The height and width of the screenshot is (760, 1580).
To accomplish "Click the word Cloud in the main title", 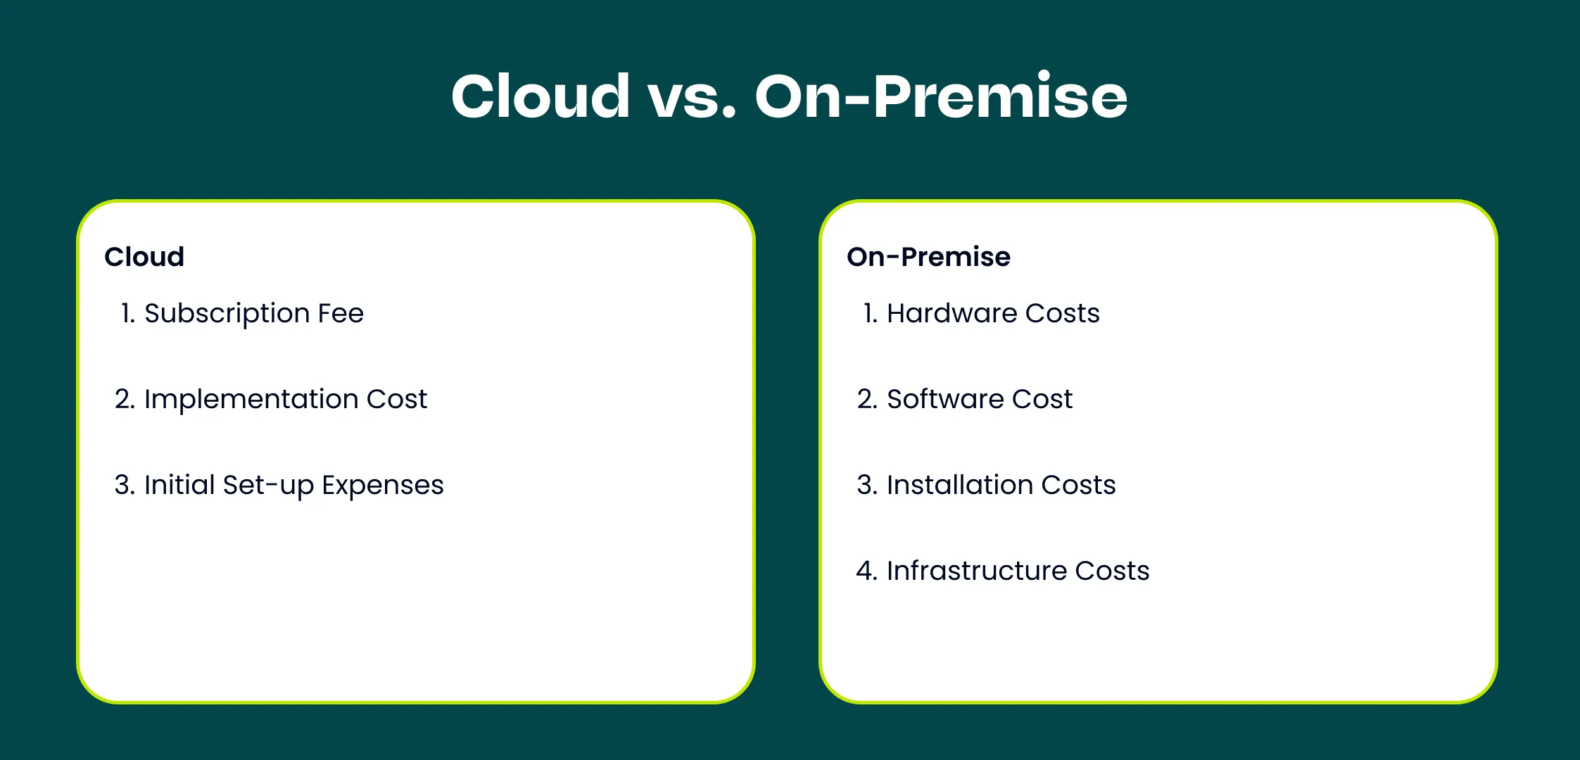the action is (x=541, y=96).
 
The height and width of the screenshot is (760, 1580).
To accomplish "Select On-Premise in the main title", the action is (x=942, y=96).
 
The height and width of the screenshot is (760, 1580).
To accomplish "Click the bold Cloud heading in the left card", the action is (x=144, y=257).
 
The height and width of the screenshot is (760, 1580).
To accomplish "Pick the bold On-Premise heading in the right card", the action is (x=928, y=257).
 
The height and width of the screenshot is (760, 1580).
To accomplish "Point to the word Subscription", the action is (x=227, y=314).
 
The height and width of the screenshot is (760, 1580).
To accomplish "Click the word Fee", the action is (x=341, y=313).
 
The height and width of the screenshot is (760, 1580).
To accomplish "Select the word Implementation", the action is (x=251, y=400).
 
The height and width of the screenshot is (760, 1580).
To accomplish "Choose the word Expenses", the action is (x=383, y=486).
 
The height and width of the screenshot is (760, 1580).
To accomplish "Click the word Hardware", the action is (x=952, y=313).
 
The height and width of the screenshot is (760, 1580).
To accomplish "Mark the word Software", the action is (x=944, y=399).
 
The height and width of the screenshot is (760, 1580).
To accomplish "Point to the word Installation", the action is (x=959, y=485).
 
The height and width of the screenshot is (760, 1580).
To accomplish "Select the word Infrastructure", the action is (x=976, y=571).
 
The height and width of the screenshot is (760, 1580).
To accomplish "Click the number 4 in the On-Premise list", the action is (x=864, y=571).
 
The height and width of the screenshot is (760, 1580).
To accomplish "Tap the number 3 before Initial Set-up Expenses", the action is (x=122, y=485).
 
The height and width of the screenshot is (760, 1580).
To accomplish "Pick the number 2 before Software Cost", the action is (x=865, y=399).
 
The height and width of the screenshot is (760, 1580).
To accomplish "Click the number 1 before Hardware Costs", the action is (x=868, y=313).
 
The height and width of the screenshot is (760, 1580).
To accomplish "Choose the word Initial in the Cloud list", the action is (x=179, y=485).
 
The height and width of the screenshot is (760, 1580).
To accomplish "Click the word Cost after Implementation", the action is (x=397, y=399).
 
